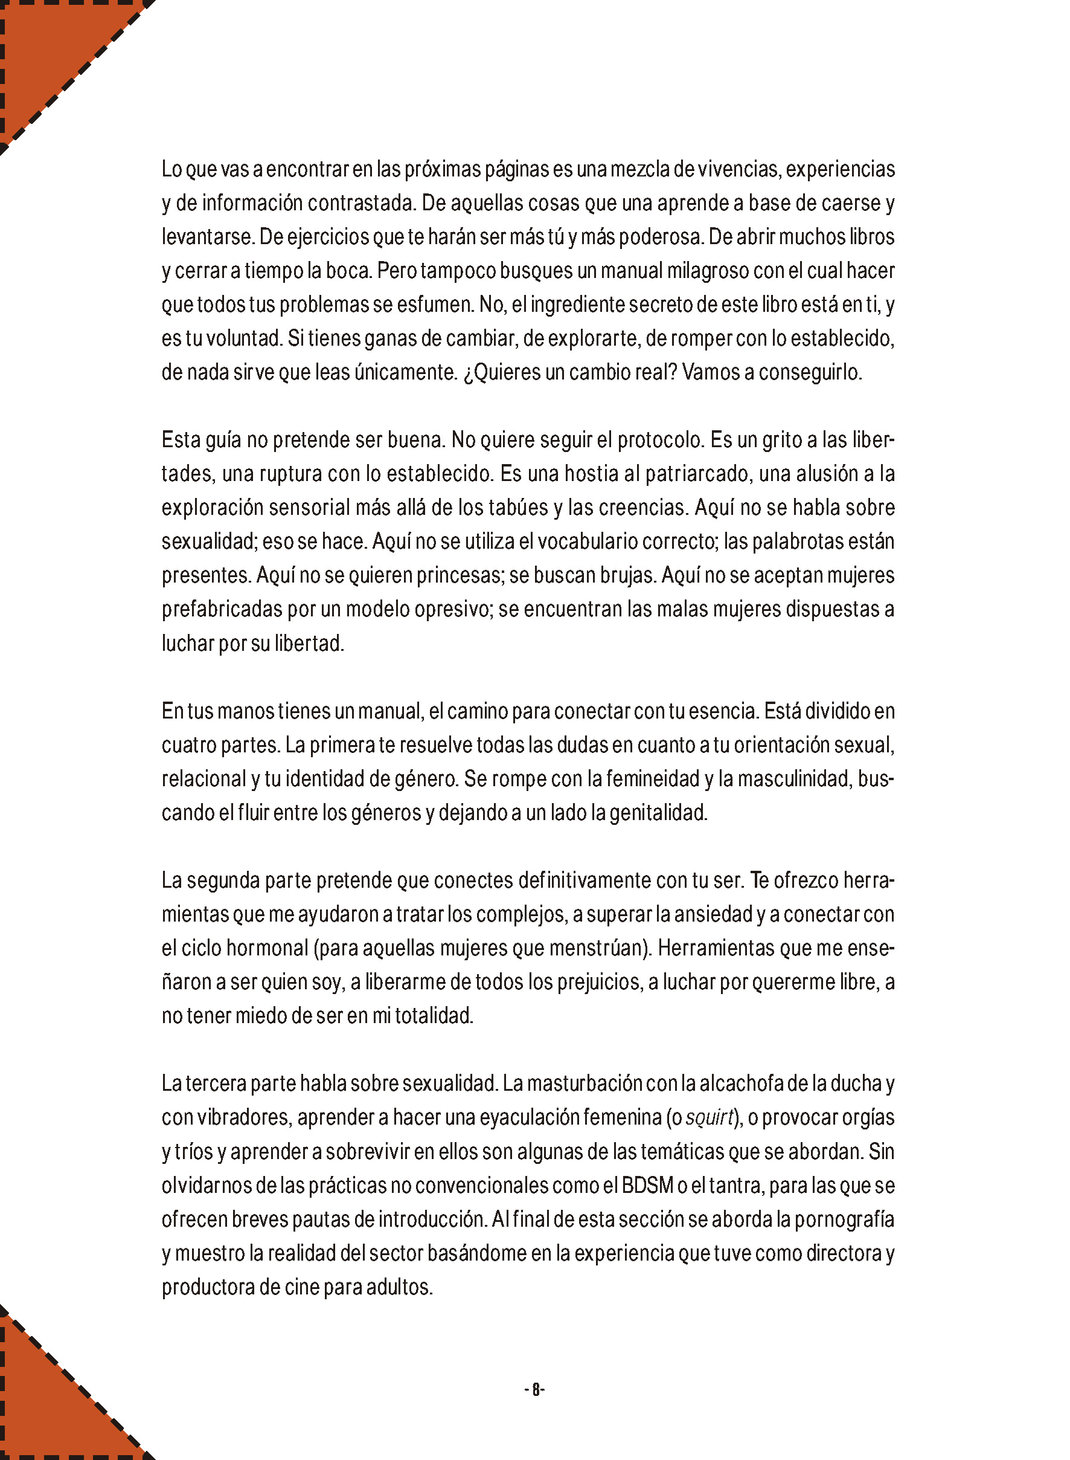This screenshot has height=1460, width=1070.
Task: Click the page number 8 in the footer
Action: [535, 1389]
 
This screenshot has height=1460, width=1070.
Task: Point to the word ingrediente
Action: [578, 305]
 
